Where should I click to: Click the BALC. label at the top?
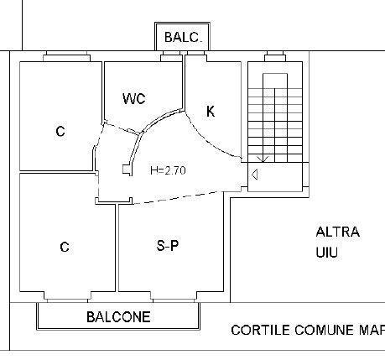[x=183, y=37]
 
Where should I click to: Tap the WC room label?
[x=134, y=98]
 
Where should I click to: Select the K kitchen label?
[x=211, y=112]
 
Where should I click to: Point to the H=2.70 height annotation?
[x=168, y=170]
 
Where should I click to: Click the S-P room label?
[x=168, y=246]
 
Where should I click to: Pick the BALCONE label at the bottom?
[x=118, y=317]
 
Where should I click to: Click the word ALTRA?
[x=338, y=232]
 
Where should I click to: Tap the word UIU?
[x=327, y=253]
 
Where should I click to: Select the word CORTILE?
[x=260, y=330]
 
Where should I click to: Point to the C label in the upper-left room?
[x=60, y=131]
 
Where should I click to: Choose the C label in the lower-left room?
[x=65, y=247]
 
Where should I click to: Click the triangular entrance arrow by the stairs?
[x=254, y=175]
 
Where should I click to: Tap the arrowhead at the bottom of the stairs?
[x=263, y=159]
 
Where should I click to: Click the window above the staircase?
[x=275, y=56]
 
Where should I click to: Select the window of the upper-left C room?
[x=66, y=56]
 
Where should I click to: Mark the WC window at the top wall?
[x=171, y=56]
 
